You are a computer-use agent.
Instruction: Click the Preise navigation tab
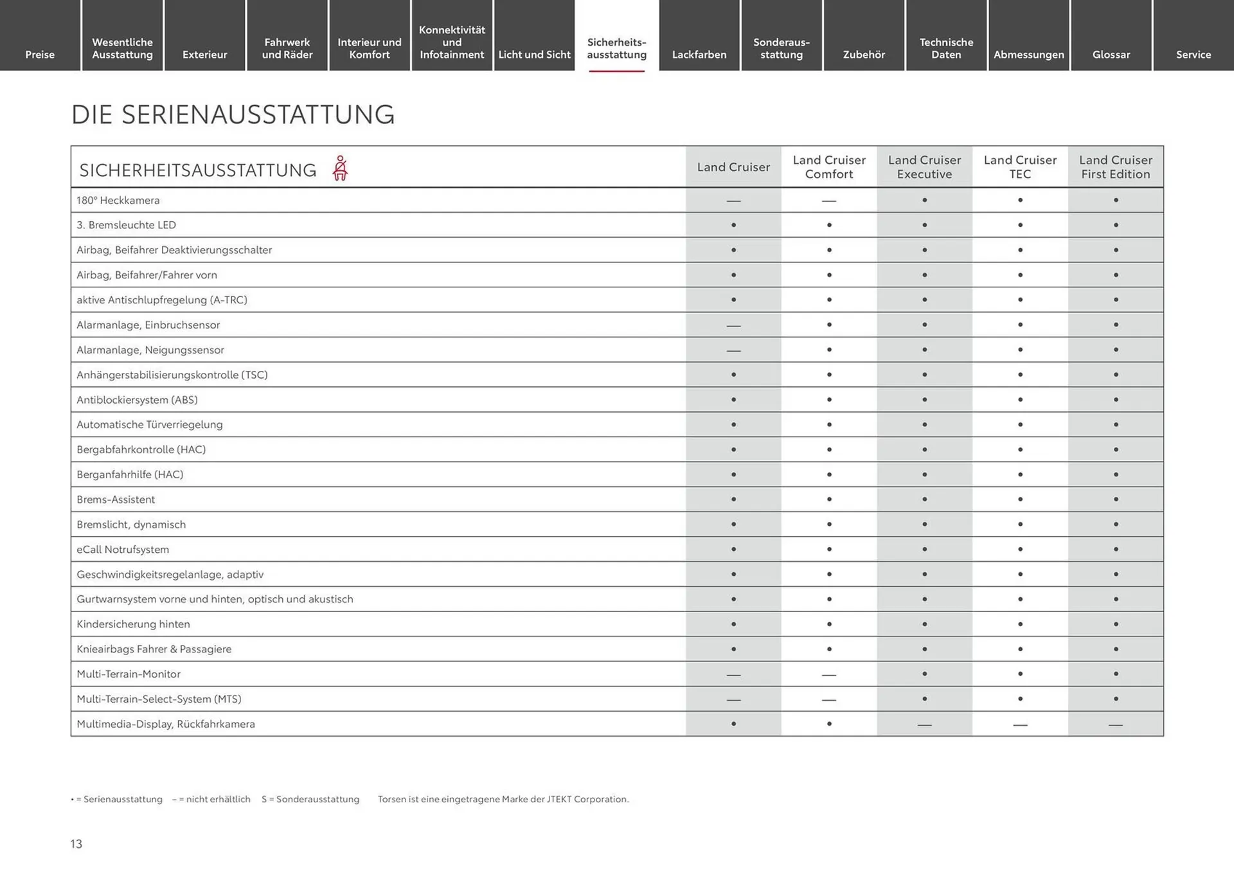[x=40, y=55]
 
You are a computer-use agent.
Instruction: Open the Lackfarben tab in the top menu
[x=699, y=55]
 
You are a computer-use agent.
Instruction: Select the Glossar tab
[x=1111, y=55]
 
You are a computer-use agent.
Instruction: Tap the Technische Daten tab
[x=946, y=48]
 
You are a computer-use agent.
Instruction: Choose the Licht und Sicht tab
[x=534, y=55]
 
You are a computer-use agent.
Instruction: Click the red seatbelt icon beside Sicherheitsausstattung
[x=340, y=168]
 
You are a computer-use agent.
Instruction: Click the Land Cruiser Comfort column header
[x=829, y=167]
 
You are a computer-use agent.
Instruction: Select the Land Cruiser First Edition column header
[x=1115, y=167]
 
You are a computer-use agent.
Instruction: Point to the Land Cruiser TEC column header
[x=1020, y=167]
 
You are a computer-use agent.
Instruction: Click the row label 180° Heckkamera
[x=118, y=201]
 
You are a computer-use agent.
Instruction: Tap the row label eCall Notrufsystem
[x=123, y=550]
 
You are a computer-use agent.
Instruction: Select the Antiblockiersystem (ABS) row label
[x=137, y=400]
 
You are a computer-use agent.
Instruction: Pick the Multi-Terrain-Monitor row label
[x=129, y=674]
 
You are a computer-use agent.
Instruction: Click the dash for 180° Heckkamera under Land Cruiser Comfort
[x=829, y=201]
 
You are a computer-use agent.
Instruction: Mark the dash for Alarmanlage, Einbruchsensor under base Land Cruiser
[x=733, y=326]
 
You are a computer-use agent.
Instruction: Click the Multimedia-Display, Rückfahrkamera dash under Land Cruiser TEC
[x=1020, y=725]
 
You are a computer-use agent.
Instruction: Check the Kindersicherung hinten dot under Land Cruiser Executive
[x=924, y=624]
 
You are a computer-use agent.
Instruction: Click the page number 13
[x=76, y=844]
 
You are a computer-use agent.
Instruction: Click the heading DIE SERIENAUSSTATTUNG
[x=233, y=115]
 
